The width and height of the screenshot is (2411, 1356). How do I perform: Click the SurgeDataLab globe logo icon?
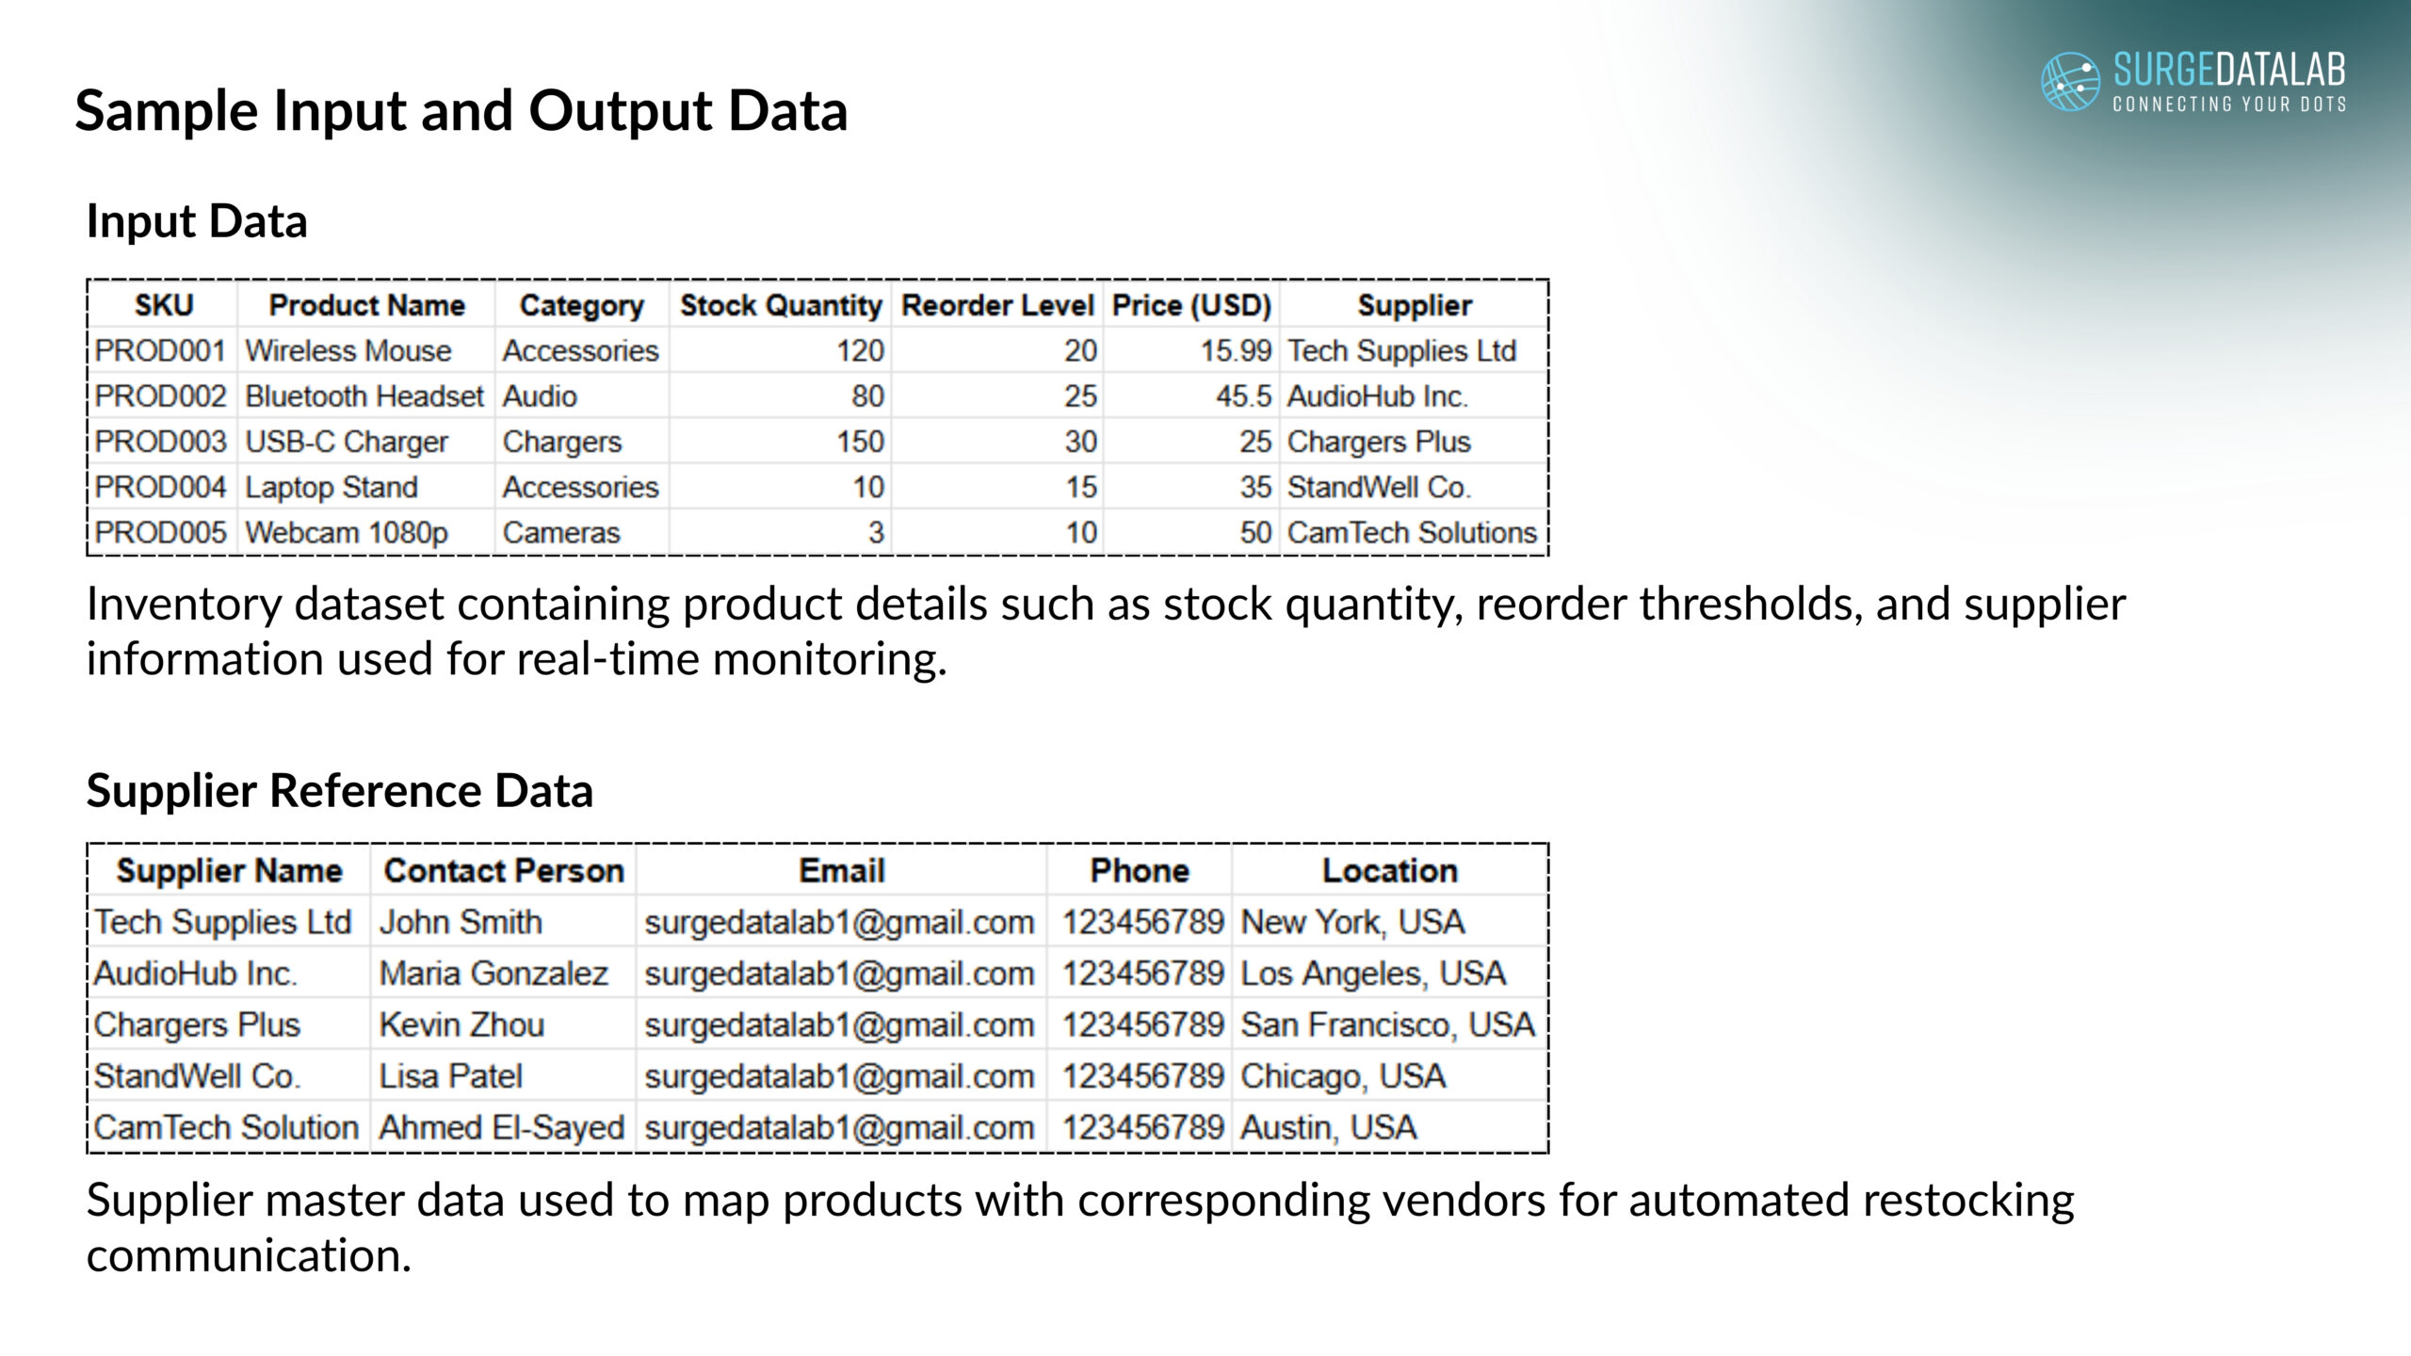click(x=2070, y=82)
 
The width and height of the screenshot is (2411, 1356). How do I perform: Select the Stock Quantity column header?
click(x=781, y=305)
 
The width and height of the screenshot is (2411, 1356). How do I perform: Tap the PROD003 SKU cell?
click(x=161, y=442)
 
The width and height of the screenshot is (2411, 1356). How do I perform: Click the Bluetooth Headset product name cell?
click(x=364, y=396)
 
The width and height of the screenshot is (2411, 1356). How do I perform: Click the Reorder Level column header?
click(x=997, y=305)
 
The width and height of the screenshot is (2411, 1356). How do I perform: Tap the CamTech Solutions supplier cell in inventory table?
click(x=1412, y=533)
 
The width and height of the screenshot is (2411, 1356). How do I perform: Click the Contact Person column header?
click(x=504, y=871)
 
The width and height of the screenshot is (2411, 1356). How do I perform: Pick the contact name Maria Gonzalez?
click(x=494, y=974)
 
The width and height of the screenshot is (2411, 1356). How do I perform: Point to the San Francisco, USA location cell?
click(x=1387, y=1025)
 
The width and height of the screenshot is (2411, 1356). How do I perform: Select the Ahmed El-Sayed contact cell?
click(x=502, y=1127)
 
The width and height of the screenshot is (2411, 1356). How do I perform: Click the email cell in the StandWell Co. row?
click(x=839, y=1076)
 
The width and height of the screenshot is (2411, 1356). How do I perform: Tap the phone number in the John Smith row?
click(x=1142, y=922)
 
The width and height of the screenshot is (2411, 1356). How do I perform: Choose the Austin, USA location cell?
click(x=1328, y=1127)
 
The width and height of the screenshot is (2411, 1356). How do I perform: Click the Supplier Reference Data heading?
click(x=340, y=790)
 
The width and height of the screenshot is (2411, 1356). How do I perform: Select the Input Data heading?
click(x=197, y=222)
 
